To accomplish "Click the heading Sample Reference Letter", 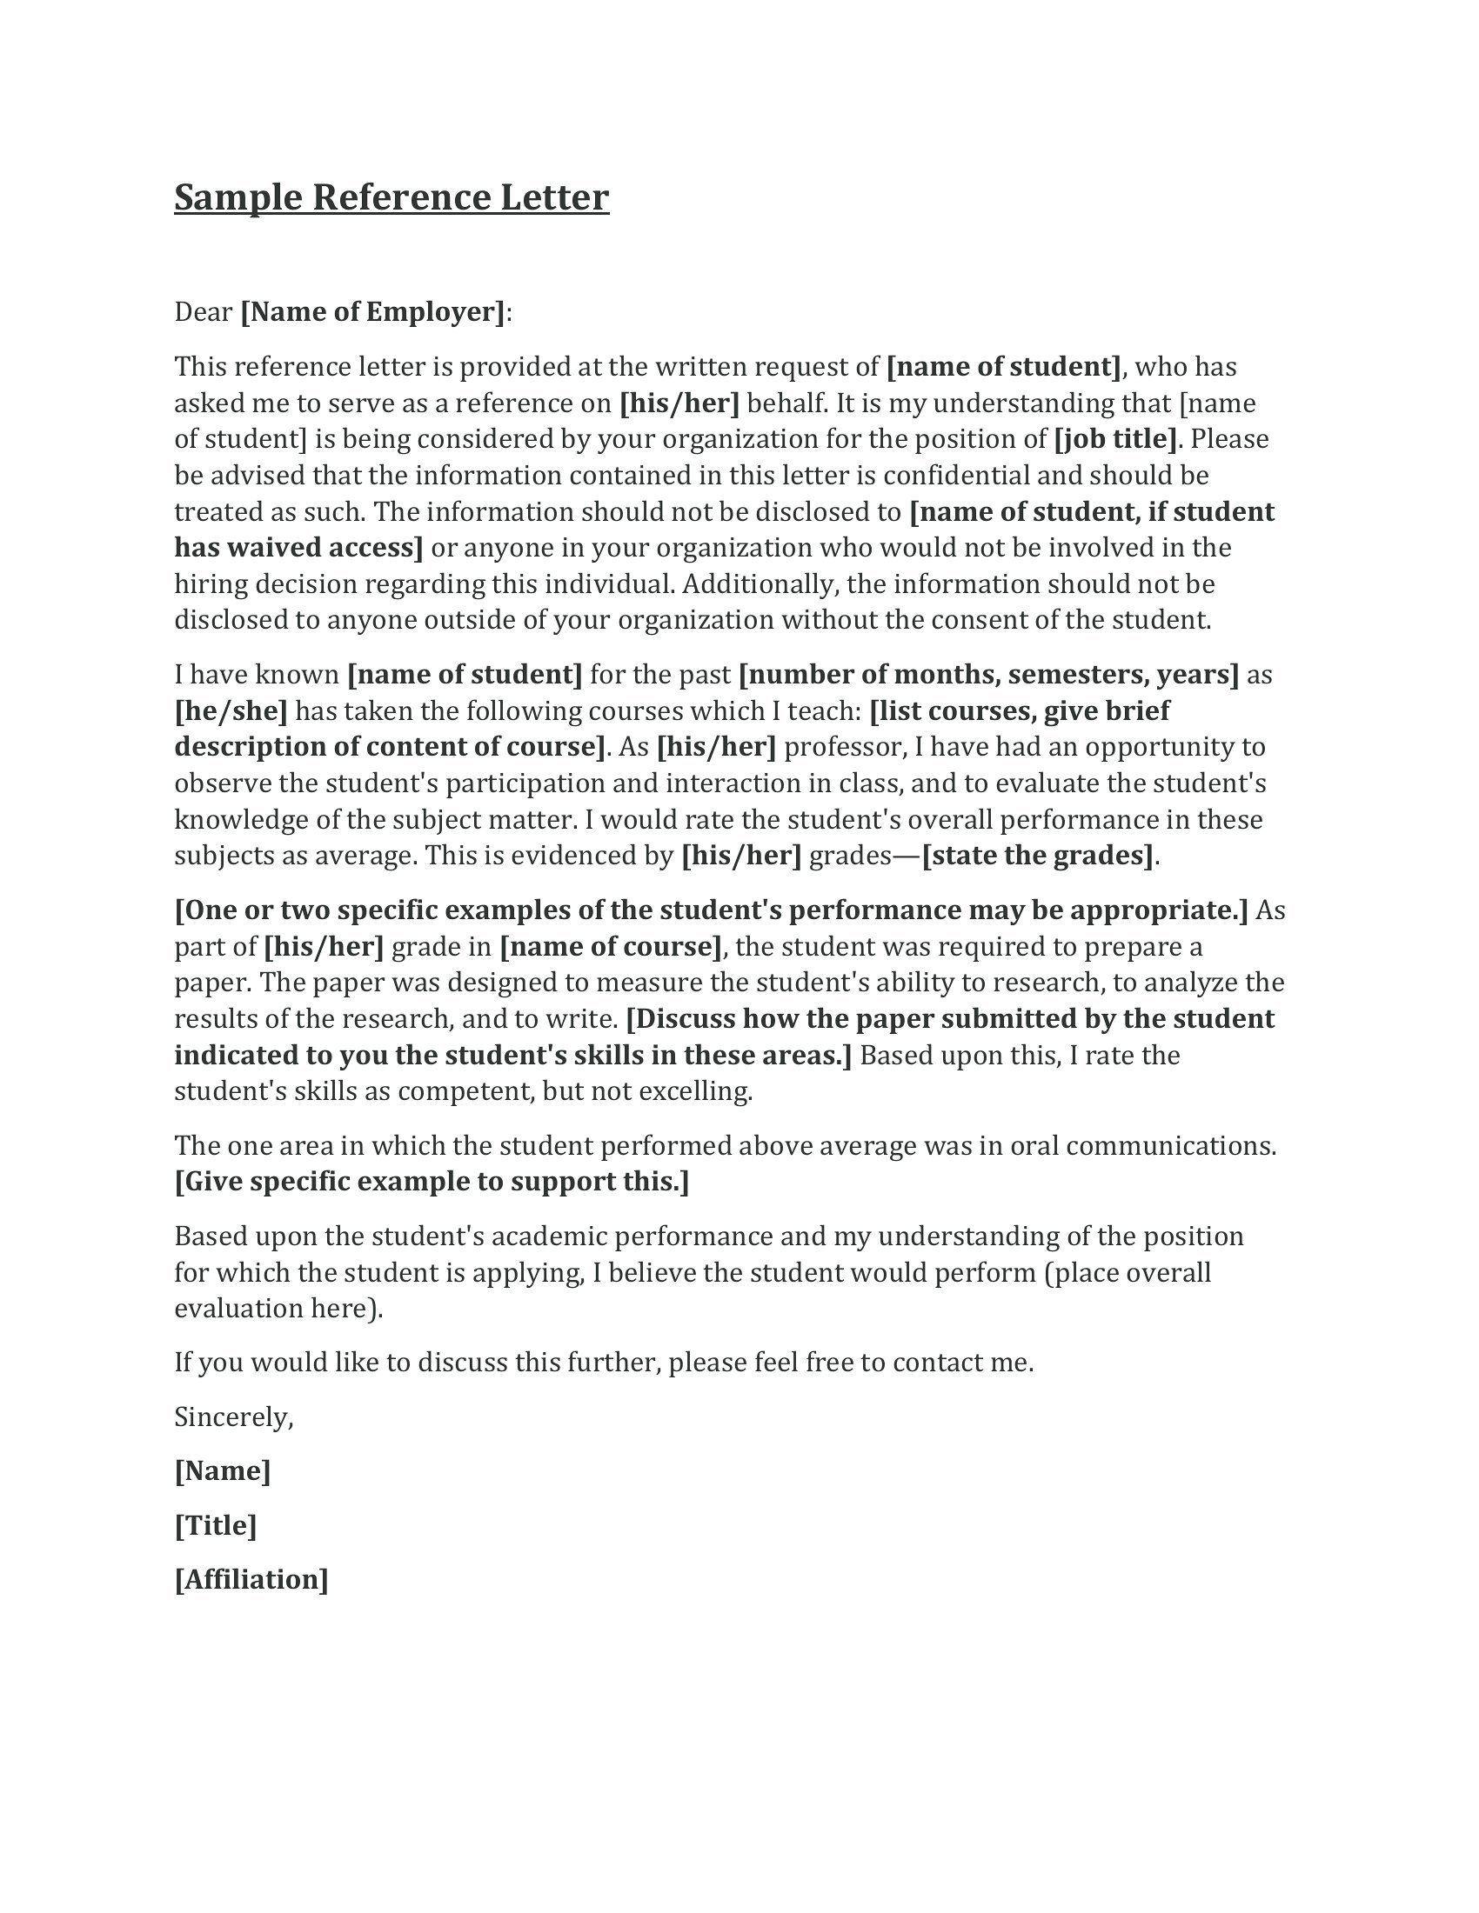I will coord(391,198).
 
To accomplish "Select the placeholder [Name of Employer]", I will coord(373,312).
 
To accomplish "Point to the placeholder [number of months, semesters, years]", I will coord(988,675).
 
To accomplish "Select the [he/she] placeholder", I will coord(231,710).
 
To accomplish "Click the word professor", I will coord(846,747).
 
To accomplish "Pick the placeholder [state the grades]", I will coord(1038,856).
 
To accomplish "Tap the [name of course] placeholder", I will coord(611,947).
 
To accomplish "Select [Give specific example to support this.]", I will coord(432,1183).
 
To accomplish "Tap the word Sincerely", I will coord(233,1417).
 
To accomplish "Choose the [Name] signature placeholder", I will coord(223,1470).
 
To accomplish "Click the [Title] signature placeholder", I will coord(216,1526).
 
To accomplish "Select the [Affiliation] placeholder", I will coord(251,1580).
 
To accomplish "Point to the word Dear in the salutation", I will coord(204,312).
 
